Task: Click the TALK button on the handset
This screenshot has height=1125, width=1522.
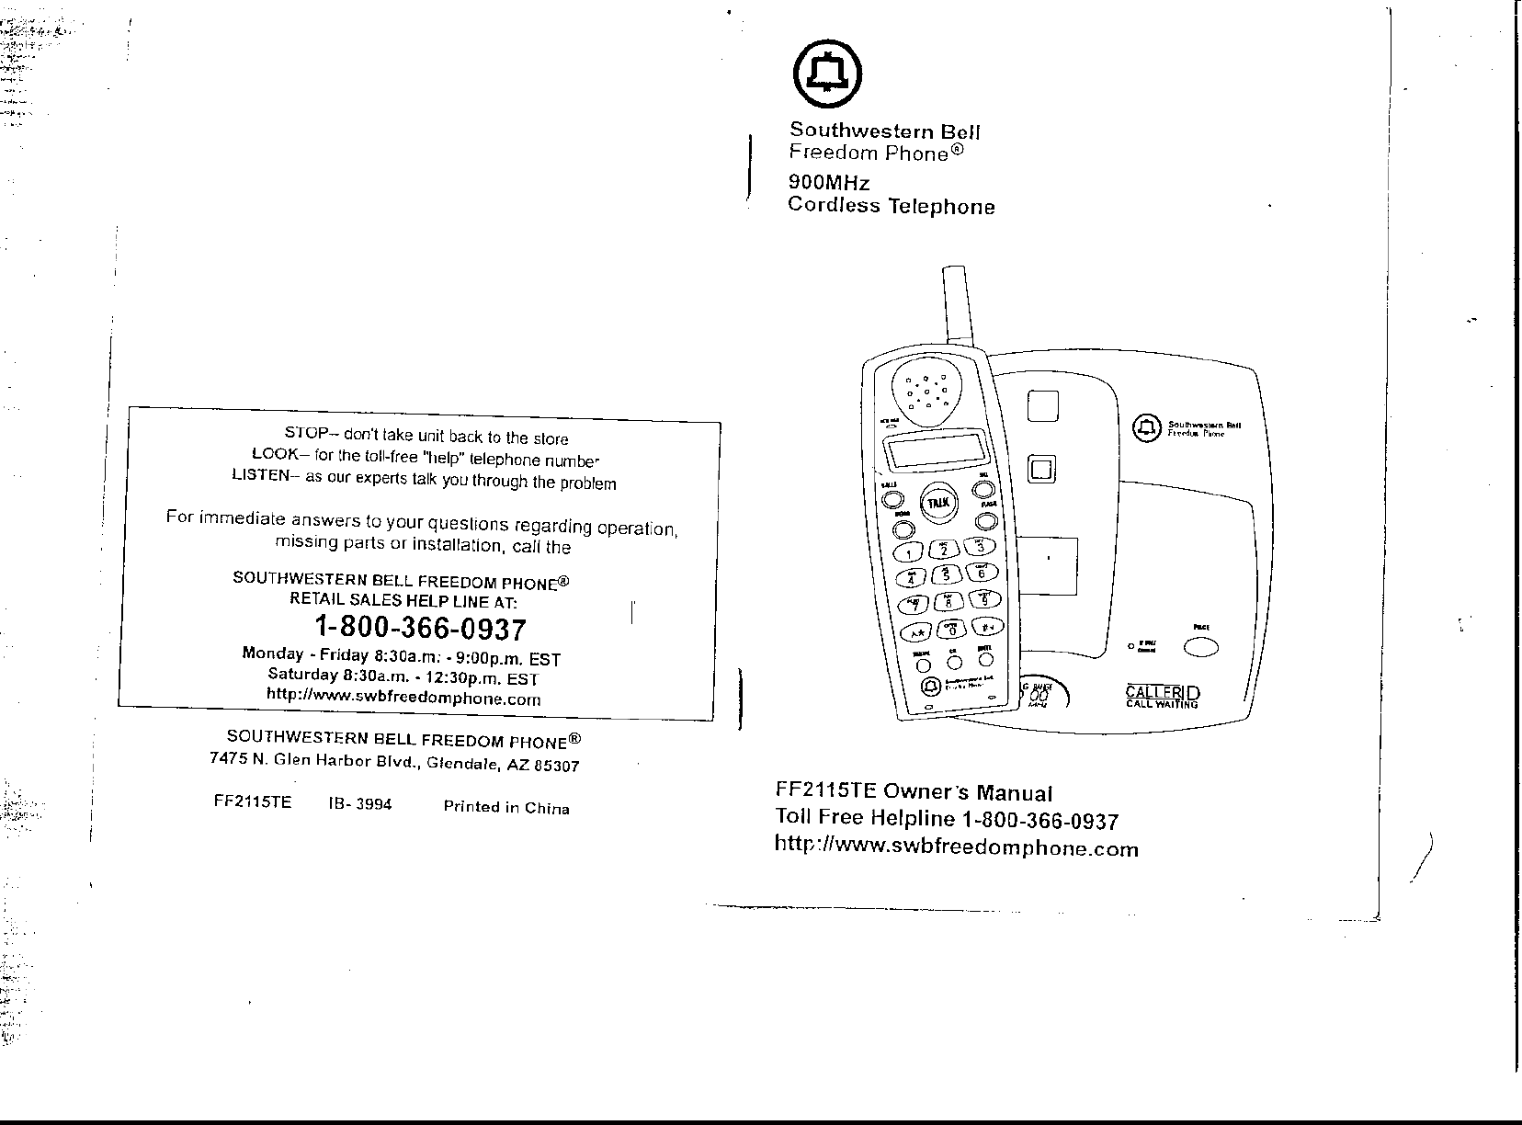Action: click(x=937, y=503)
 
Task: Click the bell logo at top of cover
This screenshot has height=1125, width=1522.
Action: click(x=828, y=73)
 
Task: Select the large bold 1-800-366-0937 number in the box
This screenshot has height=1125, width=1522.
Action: click(x=420, y=630)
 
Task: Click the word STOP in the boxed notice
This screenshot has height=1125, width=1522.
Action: click(x=302, y=433)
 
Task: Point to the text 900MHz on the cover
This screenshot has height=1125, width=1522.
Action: click(x=828, y=182)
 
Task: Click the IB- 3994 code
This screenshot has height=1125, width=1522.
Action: click(x=359, y=804)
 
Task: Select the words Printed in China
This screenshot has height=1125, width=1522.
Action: click(x=506, y=808)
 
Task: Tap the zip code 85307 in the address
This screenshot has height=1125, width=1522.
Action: click(x=555, y=765)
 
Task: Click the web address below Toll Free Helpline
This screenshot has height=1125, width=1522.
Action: click(x=957, y=847)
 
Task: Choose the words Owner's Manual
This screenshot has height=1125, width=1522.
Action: click(x=967, y=792)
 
